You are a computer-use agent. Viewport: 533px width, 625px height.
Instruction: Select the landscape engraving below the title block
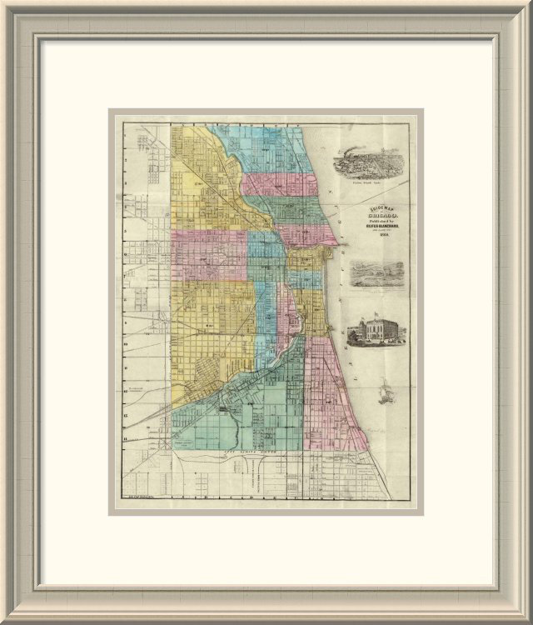click(377, 273)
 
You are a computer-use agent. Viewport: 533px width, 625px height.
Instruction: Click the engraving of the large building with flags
click(375, 330)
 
